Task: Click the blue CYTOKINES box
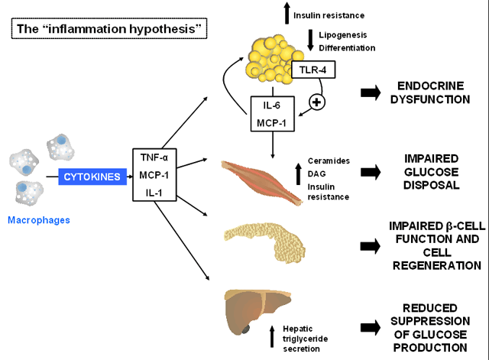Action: (x=92, y=177)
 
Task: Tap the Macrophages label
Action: (x=39, y=220)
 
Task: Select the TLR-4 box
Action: (x=313, y=70)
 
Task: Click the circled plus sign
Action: (x=317, y=102)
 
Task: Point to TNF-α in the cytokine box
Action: (x=154, y=157)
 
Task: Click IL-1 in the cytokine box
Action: (x=154, y=193)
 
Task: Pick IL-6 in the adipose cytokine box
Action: (x=272, y=105)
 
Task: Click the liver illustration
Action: (x=257, y=311)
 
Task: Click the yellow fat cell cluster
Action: (x=274, y=60)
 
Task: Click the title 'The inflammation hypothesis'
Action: (x=109, y=29)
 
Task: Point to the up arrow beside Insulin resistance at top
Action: (x=287, y=13)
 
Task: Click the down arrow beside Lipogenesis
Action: (x=310, y=41)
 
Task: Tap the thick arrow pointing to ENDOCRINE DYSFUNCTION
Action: (x=371, y=92)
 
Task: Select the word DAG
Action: (x=316, y=174)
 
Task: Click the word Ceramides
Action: (x=329, y=161)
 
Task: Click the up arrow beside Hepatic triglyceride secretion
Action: (x=272, y=336)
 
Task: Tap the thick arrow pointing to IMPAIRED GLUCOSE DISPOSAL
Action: (x=371, y=172)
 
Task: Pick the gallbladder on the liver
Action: (x=246, y=329)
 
